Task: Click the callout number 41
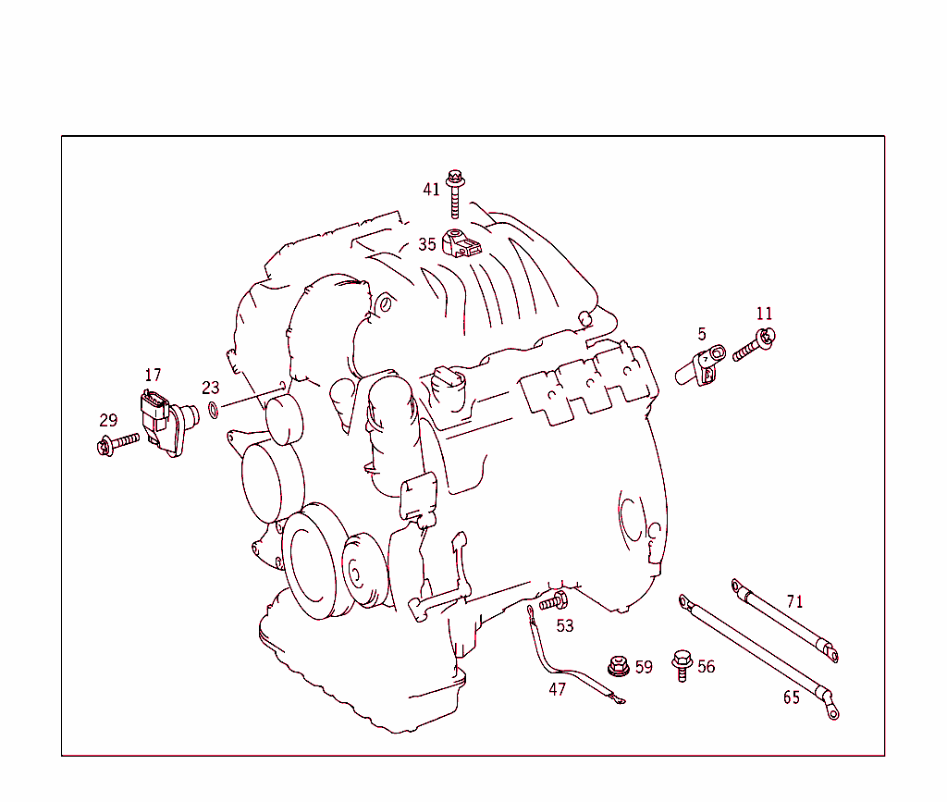(x=432, y=190)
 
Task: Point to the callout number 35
(x=426, y=244)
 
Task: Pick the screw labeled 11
(x=755, y=346)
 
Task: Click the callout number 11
(x=764, y=314)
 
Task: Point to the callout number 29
(x=108, y=420)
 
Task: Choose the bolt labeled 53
(x=553, y=602)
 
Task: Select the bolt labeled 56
(x=682, y=663)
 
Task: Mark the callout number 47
(x=557, y=689)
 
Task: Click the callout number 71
(x=794, y=601)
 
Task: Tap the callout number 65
(x=792, y=697)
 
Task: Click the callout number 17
(x=153, y=375)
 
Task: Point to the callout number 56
(x=707, y=667)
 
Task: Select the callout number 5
(x=702, y=333)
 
